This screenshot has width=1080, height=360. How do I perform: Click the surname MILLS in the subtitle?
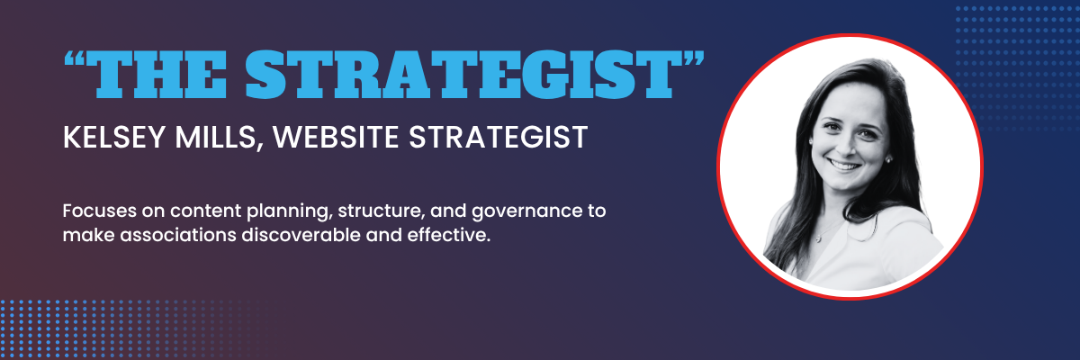pos(214,137)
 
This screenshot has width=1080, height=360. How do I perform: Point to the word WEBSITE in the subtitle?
pos(336,137)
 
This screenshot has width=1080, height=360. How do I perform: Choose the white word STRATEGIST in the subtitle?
pos(498,137)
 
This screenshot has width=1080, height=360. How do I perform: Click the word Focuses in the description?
pos(99,211)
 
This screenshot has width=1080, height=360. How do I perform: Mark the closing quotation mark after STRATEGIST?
pos(693,58)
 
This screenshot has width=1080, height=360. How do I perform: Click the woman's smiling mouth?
pos(844,166)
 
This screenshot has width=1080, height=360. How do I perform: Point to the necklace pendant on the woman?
pos(818,238)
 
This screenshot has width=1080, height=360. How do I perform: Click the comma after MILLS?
pos(259,147)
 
